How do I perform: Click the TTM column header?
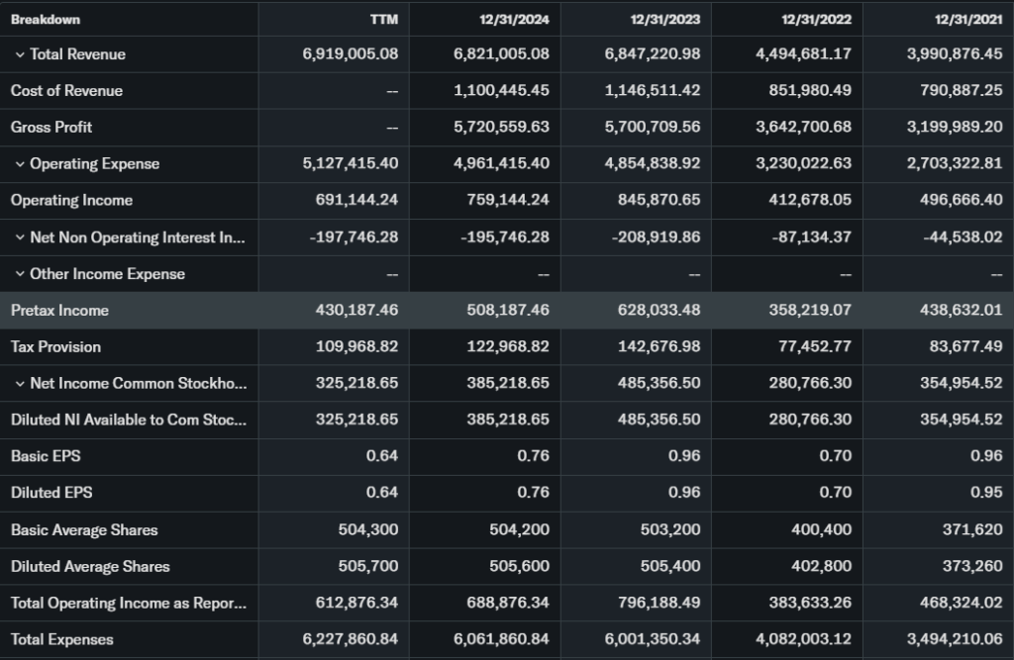384,20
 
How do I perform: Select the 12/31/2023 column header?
664,20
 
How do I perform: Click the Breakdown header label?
46,20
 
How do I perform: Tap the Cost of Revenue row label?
66,91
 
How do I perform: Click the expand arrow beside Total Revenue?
19,54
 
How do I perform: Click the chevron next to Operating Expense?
19,164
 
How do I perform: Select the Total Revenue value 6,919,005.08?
351,54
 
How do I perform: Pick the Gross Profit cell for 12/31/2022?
803,128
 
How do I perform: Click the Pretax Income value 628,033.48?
652,311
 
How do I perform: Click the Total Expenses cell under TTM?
351,640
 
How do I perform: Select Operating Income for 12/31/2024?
508,201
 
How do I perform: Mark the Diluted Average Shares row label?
90,567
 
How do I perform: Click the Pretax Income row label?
59,311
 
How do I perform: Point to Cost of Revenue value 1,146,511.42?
652,91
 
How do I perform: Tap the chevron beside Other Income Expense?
19,274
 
